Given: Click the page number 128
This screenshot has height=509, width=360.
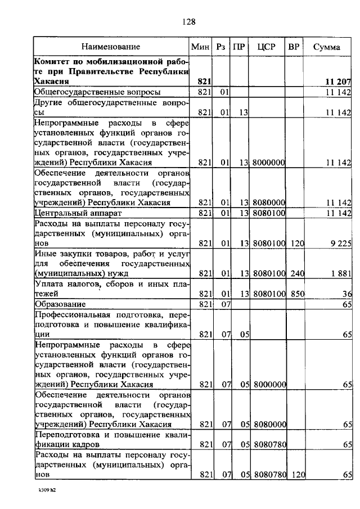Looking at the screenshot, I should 188,22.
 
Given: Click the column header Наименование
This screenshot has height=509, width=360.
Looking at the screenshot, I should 111,47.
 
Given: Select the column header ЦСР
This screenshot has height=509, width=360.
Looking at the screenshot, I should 266,47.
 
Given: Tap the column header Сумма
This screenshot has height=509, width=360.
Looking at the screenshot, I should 327,47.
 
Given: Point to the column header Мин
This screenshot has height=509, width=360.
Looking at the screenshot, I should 200,47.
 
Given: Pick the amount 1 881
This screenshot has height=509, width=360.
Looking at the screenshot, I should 340,273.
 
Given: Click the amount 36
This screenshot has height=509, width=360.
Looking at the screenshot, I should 346,294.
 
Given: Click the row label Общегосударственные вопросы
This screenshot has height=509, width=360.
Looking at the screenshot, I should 97,92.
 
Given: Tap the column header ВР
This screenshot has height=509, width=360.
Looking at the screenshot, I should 294,47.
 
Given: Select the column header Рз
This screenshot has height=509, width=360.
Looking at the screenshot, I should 221,47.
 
